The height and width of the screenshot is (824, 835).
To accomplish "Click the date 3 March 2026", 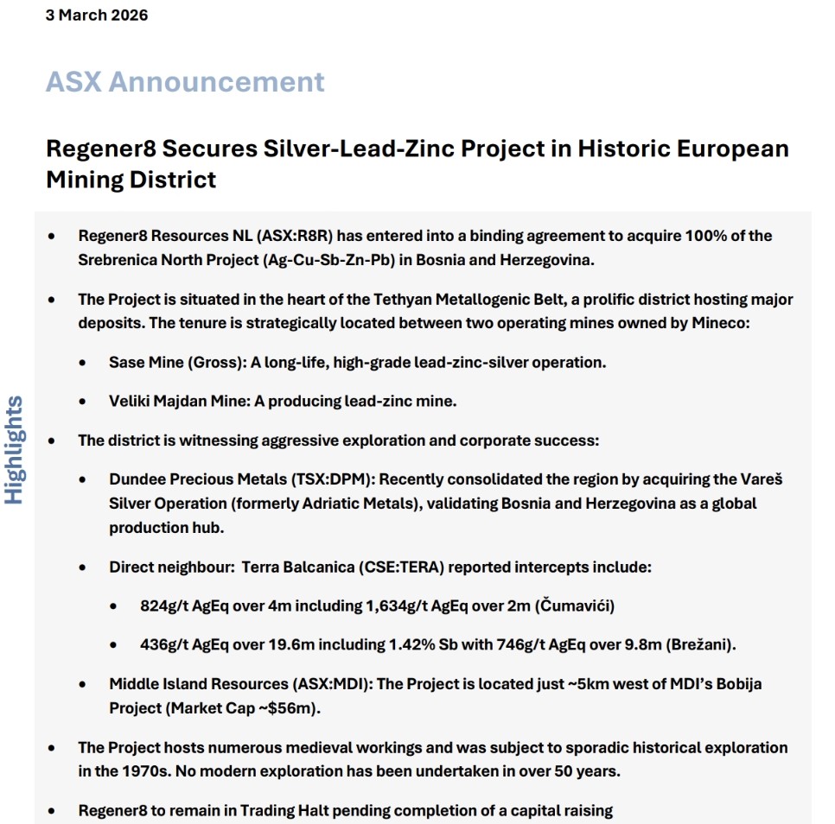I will coord(96,16).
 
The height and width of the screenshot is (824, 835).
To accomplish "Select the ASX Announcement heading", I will coord(185,82).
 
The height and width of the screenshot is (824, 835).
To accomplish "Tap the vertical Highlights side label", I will coord(15,449).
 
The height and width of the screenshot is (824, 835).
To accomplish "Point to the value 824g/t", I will coord(165,606).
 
